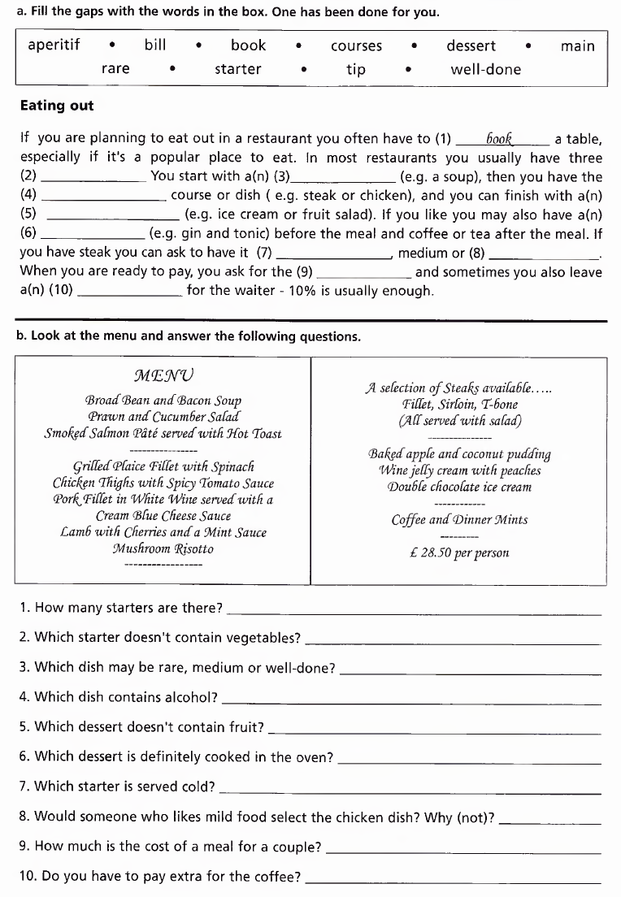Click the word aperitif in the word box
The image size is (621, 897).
pyautogui.click(x=54, y=45)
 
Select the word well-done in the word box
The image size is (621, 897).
pyautogui.click(x=485, y=69)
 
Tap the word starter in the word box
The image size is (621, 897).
pyautogui.click(x=237, y=69)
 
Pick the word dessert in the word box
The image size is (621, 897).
pyautogui.click(x=471, y=45)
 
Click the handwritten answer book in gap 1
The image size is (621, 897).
pyautogui.click(x=502, y=138)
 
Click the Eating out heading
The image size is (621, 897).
pyautogui.click(x=57, y=106)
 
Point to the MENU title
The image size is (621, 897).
pyautogui.click(x=163, y=375)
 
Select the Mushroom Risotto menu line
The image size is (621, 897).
pyautogui.click(x=163, y=548)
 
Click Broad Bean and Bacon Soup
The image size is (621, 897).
pyautogui.click(x=163, y=401)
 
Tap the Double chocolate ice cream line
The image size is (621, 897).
pyautogui.click(x=459, y=487)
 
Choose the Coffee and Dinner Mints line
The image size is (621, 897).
pyautogui.click(x=459, y=519)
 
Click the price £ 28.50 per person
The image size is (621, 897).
pyautogui.click(x=459, y=552)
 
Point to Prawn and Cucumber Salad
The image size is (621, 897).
pyautogui.click(x=163, y=417)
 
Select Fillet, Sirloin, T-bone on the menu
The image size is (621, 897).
pyautogui.click(x=459, y=405)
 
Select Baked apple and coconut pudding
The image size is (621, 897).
pyautogui.click(x=459, y=453)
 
